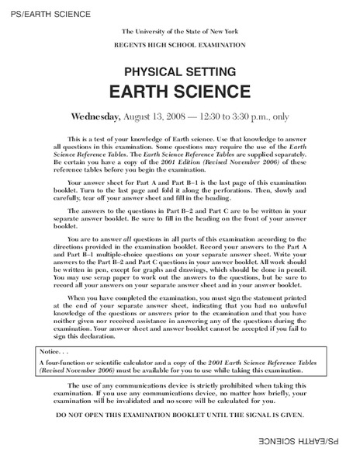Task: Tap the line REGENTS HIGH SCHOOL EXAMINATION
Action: click(x=180, y=46)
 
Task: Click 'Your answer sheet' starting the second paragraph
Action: click(x=91, y=179)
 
